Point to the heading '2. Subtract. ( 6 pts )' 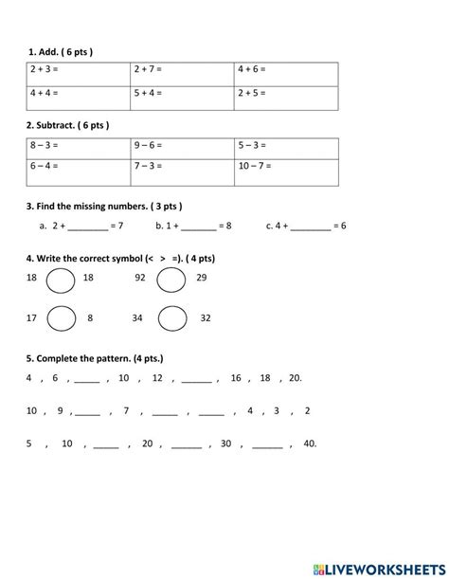tap(69, 125)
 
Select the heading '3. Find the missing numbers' tap(104, 206)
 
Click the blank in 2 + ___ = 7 tap(87, 227)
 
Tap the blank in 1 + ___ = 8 tap(197, 227)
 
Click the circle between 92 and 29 tap(171, 280)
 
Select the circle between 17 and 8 tap(62, 319)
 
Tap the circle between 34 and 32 tap(172, 319)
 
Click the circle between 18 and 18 tap(62, 280)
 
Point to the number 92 tap(140, 279)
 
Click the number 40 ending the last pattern tap(310, 443)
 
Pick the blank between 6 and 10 tap(87, 379)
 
